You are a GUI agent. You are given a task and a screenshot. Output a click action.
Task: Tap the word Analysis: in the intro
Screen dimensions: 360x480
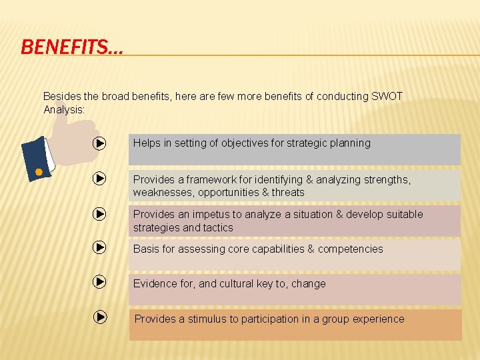pos(64,109)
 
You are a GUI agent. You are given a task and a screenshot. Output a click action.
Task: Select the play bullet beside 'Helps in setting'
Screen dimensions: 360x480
pos(99,143)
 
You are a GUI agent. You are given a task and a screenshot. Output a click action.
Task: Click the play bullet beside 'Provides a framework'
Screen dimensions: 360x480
pos(99,179)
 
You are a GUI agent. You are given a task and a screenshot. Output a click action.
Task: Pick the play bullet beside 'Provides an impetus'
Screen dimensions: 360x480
pos(99,214)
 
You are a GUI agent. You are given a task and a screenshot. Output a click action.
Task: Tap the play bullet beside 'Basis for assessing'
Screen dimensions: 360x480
pos(99,248)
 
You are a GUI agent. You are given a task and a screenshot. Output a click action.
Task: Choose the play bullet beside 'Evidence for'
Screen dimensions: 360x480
pos(99,282)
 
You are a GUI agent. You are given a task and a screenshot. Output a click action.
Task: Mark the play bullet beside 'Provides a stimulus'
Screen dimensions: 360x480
pos(99,317)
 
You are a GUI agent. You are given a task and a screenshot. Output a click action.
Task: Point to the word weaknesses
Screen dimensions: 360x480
pos(162,193)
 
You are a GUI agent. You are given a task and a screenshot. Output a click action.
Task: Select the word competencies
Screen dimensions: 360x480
pos(351,249)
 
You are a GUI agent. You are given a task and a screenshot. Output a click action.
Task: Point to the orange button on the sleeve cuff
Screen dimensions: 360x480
pos(39,173)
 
